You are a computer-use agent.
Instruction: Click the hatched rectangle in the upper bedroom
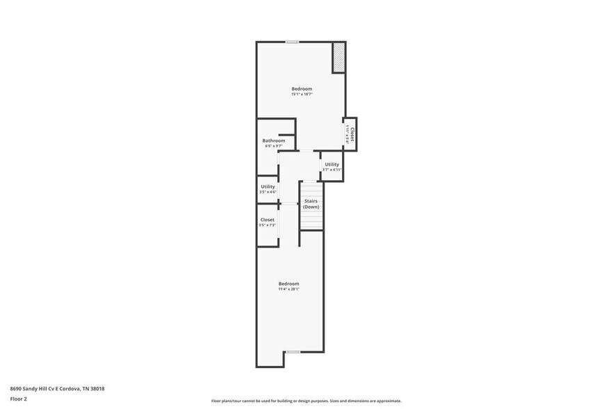[x=338, y=57]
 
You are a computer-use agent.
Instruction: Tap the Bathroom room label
[x=274, y=141]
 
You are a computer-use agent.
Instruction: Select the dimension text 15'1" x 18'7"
[x=302, y=95]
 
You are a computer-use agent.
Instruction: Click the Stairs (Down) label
[x=311, y=204]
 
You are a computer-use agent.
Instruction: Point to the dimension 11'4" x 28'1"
[x=289, y=289]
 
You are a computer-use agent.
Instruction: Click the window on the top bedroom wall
[x=293, y=42]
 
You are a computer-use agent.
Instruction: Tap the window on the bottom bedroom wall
[x=293, y=352]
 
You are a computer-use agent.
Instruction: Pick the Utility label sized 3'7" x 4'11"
[x=332, y=164]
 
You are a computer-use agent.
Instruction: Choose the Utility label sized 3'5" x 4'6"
[x=268, y=186]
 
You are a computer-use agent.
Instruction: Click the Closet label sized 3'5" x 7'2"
[x=268, y=220]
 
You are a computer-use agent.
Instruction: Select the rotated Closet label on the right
[x=353, y=134]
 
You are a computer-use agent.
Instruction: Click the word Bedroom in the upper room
[x=302, y=88]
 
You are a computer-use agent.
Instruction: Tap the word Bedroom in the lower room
[x=289, y=283]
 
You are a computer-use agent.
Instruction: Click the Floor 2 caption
[x=19, y=399]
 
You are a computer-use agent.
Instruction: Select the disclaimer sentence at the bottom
[x=306, y=401]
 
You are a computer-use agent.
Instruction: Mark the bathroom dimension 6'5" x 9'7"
[x=274, y=146]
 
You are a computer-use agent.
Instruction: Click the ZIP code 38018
[x=97, y=389]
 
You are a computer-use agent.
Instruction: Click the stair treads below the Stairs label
[x=311, y=220]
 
